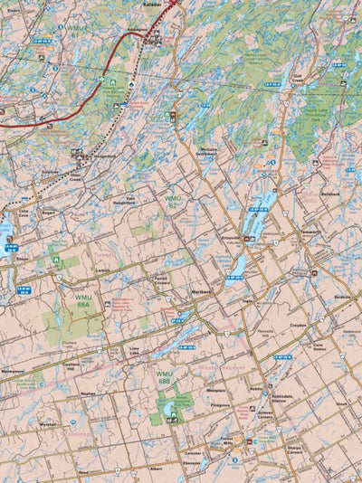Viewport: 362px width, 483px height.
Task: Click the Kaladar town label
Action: [x=152, y=4]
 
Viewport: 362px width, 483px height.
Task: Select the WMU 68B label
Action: [x=164, y=377]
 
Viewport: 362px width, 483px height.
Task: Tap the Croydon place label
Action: [x=299, y=324]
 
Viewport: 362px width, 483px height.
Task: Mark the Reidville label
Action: [x=342, y=297]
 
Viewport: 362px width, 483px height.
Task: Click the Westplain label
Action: [x=215, y=391]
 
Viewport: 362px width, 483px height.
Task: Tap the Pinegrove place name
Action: [x=221, y=406]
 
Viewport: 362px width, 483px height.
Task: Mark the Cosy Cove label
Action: [x=24, y=210]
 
